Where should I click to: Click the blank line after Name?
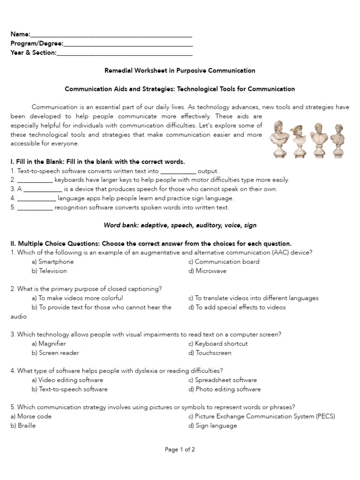pyautogui.click(x=112, y=35)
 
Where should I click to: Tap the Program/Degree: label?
pyautogui.click(x=37, y=44)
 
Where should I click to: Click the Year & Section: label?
pyautogui.click(x=34, y=52)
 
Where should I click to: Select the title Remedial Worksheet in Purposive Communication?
pyautogui.click(x=180, y=70)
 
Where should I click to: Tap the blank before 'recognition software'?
pyautogui.click(x=35, y=208)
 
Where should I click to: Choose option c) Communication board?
pyautogui.click(x=224, y=262)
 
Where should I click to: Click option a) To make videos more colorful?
pyautogui.click(x=77, y=298)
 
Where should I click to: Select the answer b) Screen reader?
pyautogui.click(x=55, y=353)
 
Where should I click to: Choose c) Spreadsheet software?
pyautogui.click(x=223, y=380)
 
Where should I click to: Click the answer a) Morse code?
pyautogui.click(x=31, y=417)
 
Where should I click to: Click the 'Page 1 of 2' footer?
pyautogui.click(x=180, y=450)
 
